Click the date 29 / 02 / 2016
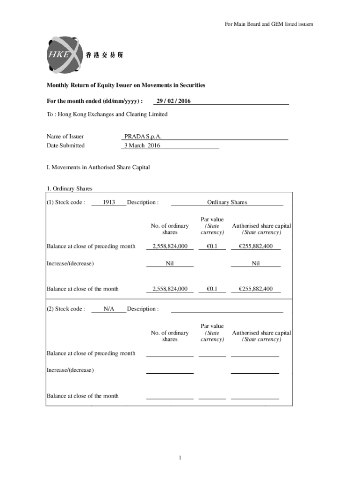173,101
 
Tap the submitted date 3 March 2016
142,145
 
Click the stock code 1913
108,203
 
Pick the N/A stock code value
108,309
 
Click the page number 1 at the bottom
180,457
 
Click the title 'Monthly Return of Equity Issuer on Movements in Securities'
126,85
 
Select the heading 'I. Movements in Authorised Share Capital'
98,167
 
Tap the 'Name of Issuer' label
65,137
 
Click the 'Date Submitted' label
65,145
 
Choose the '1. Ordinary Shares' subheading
69,189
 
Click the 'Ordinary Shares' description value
227,203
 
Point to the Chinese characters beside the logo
105,55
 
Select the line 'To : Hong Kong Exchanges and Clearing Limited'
107,114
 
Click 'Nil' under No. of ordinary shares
170,263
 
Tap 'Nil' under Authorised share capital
255,263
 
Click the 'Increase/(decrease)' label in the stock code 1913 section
70,263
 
